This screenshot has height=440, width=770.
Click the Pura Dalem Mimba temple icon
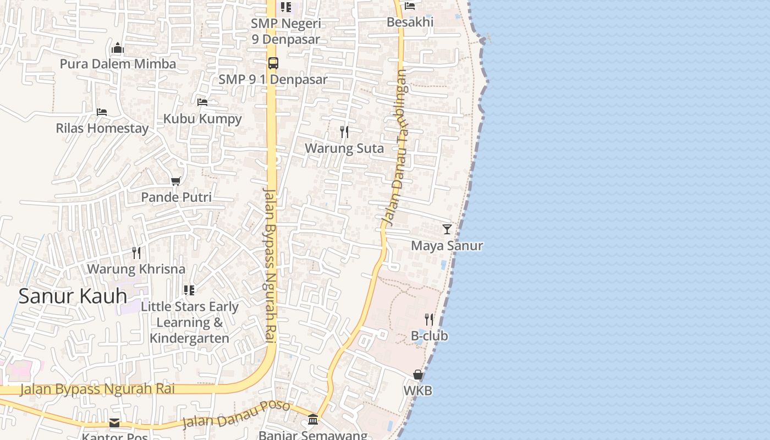click(x=118, y=48)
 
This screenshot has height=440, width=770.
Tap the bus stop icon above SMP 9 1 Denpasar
click(x=273, y=63)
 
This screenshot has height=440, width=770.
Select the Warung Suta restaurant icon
click(x=344, y=132)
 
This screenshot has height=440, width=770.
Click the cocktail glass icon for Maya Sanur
click(x=447, y=229)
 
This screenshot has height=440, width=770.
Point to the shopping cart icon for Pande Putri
click(x=176, y=181)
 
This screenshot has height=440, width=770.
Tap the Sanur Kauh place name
click(x=73, y=296)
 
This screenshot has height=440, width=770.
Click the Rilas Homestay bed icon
click(x=102, y=112)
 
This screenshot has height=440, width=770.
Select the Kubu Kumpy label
click(x=202, y=119)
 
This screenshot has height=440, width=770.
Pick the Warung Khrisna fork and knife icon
click(x=136, y=253)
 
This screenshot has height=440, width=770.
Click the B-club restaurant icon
click(x=429, y=320)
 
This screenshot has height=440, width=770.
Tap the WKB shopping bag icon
click(x=418, y=375)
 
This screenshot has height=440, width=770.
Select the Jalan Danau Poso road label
click(x=236, y=415)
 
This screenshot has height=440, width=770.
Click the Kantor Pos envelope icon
click(x=114, y=422)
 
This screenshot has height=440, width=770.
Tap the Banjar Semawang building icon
click(x=313, y=420)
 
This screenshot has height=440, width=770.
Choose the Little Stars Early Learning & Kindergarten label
click(x=190, y=322)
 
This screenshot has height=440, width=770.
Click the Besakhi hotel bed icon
click(x=410, y=6)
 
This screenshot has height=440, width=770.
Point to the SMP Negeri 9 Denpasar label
click(x=286, y=31)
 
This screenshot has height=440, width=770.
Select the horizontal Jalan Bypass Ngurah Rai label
click(x=97, y=389)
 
